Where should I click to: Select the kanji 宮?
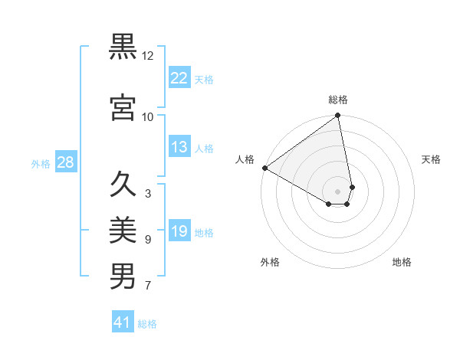click(123, 107)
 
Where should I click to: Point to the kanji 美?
click(123, 230)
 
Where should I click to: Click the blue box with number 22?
click(179, 78)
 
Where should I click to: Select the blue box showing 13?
click(179, 147)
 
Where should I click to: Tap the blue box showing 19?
click(179, 231)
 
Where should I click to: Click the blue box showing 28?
click(65, 162)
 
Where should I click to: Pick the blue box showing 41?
click(123, 322)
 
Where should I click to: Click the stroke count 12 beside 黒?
click(148, 56)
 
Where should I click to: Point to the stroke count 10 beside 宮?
click(148, 116)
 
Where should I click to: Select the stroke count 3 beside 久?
click(148, 193)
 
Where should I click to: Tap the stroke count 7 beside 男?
click(148, 286)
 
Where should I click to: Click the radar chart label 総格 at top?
click(338, 100)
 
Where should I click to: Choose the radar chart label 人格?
click(245, 159)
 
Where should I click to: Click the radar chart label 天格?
click(432, 159)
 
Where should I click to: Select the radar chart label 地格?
click(402, 262)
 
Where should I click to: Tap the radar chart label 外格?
click(270, 262)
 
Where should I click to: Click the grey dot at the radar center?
click(338, 190)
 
